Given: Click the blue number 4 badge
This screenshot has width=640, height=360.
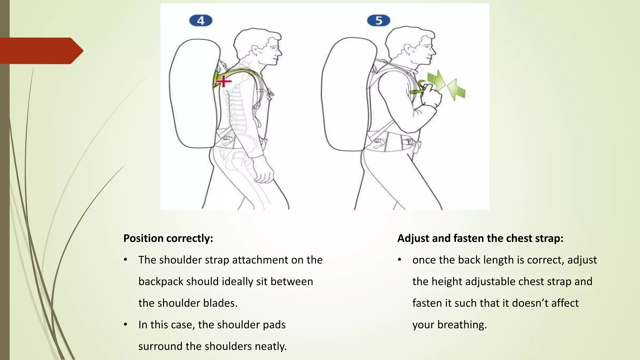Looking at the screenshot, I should (201, 21).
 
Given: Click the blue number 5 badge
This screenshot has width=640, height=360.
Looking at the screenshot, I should (378, 21).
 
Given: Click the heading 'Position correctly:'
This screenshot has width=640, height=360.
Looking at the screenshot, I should (168, 238).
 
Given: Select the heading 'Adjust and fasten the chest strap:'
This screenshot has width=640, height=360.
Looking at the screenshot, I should (480, 238).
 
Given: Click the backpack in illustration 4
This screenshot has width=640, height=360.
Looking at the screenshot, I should (194, 94).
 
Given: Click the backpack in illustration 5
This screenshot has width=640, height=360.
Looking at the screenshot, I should (345, 94).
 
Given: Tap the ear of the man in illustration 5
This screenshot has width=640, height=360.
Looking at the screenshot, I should (407, 49).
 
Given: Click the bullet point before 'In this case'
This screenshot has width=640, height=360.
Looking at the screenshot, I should (125, 325).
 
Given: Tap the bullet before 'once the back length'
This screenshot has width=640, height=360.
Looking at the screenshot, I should (399, 260).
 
